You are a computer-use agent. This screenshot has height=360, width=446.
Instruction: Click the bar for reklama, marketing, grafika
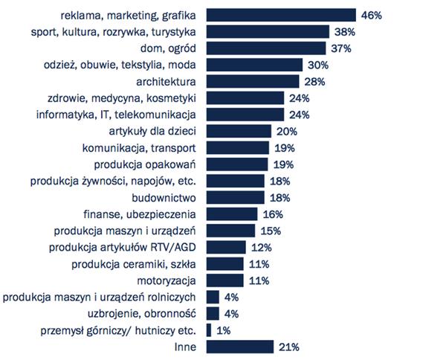click(280, 14)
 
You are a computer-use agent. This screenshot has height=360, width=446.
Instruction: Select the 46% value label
click(371, 14)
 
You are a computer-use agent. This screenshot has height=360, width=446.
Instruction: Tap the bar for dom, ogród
click(266, 48)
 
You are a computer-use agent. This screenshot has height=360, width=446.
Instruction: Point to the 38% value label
click(344, 31)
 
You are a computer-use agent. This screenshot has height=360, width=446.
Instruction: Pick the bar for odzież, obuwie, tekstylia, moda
click(255, 65)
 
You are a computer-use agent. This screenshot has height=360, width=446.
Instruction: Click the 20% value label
click(285, 131)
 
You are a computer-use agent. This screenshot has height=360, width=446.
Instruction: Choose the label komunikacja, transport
click(141, 147)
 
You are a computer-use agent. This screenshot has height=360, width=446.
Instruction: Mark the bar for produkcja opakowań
click(236, 164)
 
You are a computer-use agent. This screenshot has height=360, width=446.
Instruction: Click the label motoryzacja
click(167, 280)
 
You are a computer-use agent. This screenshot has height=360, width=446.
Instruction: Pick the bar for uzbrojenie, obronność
click(212, 313)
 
